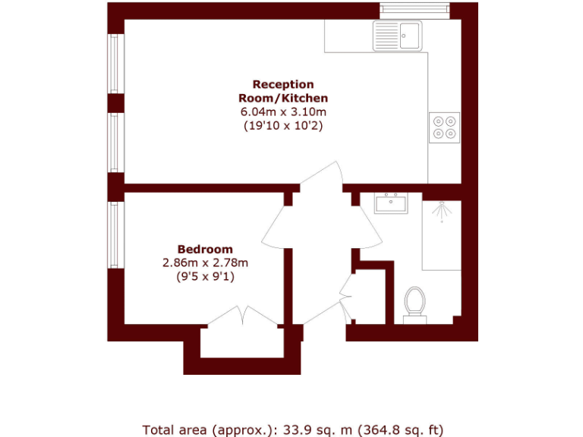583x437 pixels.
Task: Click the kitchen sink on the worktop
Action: [397, 36]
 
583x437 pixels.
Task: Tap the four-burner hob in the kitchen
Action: [444, 127]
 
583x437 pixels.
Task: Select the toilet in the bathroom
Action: [414, 302]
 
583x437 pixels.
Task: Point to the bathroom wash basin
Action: [391, 203]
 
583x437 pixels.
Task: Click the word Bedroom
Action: [205, 249]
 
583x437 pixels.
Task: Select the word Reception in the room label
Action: [283, 84]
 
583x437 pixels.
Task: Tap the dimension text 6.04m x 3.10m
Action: [283, 112]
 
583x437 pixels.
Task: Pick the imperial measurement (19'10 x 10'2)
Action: [283, 125]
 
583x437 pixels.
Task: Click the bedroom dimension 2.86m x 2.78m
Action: [205, 263]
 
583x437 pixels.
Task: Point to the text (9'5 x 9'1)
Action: [205, 276]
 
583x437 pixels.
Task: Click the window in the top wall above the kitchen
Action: [414, 10]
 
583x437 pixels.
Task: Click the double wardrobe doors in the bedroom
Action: [242, 318]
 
